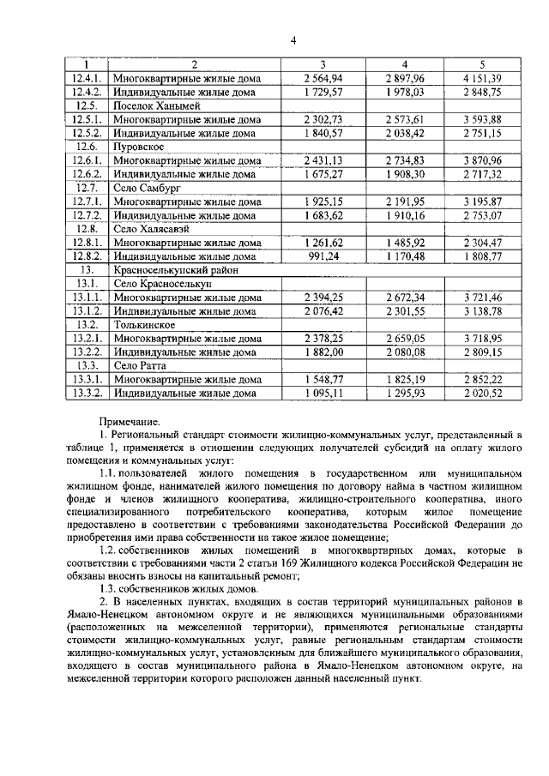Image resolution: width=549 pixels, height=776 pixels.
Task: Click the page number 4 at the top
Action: (x=292, y=39)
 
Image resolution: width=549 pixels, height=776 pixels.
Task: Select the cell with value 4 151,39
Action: (x=481, y=78)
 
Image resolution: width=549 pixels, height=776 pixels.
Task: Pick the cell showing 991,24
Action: (x=323, y=256)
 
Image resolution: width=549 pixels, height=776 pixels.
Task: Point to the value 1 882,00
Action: (x=323, y=352)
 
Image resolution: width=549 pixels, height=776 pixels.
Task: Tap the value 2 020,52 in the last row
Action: (x=481, y=393)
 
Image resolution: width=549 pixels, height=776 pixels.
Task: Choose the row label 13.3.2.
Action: (x=87, y=393)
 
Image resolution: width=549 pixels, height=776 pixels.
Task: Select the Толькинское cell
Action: (x=144, y=325)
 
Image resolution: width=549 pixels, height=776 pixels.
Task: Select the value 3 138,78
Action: (x=481, y=310)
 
